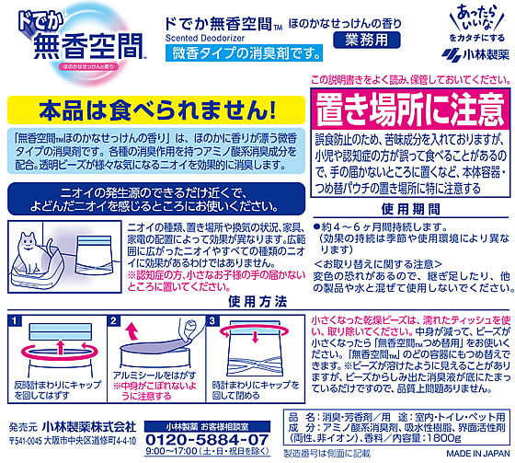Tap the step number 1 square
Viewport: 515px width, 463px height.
[x=16, y=320]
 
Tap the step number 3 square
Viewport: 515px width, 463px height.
[x=212, y=320]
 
